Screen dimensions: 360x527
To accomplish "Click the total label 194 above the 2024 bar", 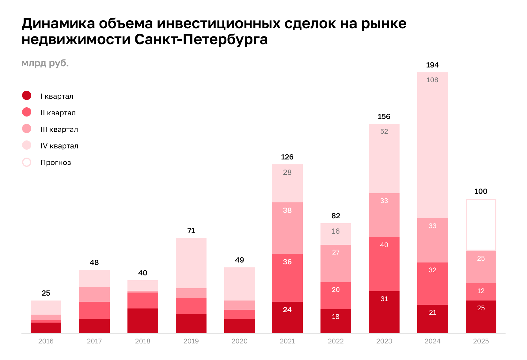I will click(x=432, y=65).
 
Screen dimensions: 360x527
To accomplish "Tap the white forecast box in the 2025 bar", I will click(x=481, y=224).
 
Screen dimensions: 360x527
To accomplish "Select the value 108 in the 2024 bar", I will click(x=432, y=80).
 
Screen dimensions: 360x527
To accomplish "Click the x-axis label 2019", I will click(x=191, y=341).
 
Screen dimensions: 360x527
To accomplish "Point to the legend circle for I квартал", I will click(x=27, y=96).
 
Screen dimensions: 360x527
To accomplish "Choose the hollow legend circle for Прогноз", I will click(x=27, y=162).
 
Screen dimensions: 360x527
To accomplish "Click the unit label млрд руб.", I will click(x=45, y=63).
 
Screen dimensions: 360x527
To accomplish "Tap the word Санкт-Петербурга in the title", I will click(x=201, y=40).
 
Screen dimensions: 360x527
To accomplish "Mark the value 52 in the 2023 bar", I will click(x=384, y=132).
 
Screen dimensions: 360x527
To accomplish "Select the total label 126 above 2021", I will click(x=287, y=157).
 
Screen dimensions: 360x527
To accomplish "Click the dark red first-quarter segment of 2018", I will click(x=143, y=320).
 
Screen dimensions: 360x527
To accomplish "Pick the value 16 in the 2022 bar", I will click(x=336, y=231).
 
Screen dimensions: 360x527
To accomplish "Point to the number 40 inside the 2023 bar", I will click(x=384, y=245).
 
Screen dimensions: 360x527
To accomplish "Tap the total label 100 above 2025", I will click(x=481, y=191).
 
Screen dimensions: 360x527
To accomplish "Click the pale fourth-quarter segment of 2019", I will click(x=191, y=263).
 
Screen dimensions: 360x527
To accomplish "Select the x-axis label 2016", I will click(x=46, y=341).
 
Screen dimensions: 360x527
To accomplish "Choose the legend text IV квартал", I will click(x=59, y=146).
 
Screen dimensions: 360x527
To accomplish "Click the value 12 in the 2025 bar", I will click(x=481, y=291).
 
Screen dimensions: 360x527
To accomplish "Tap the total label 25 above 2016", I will click(x=46, y=293).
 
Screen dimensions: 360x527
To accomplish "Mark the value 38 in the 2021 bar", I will click(x=287, y=210).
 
